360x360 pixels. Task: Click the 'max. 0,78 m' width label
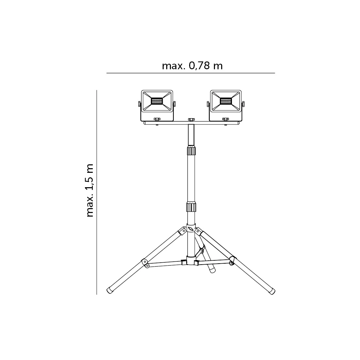click(192, 66)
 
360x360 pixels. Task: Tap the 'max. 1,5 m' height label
click(90, 190)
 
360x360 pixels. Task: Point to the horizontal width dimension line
click(190, 73)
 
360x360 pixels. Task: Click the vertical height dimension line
click(97, 192)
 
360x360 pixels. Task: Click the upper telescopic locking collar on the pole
click(191, 151)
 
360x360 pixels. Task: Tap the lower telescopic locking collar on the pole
click(191, 207)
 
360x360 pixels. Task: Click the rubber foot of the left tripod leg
click(110, 290)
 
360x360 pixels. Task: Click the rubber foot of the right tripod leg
click(272, 291)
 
